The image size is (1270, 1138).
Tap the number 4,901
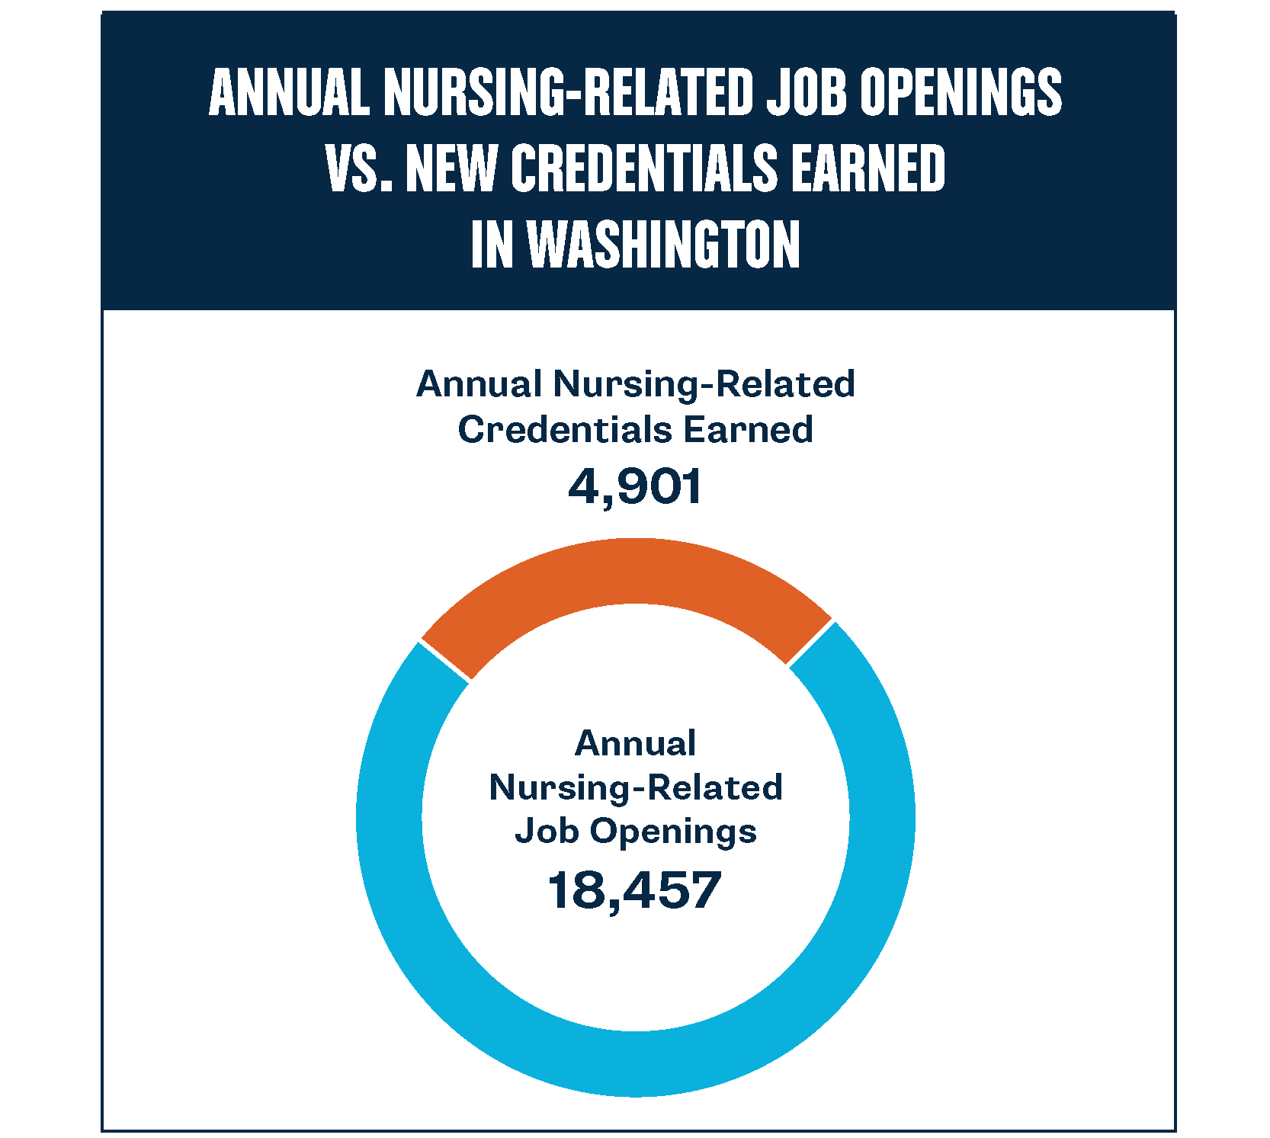[634, 487]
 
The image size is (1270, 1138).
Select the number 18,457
[634, 890]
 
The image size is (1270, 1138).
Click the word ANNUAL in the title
[289, 92]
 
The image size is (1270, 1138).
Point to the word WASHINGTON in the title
[664, 245]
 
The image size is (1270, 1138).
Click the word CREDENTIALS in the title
[644, 168]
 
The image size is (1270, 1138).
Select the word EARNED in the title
[868, 168]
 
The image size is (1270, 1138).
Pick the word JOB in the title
[807, 92]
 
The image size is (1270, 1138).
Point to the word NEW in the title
[451, 168]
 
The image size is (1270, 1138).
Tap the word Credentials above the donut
[564, 430]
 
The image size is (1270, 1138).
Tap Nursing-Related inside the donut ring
[635, 787]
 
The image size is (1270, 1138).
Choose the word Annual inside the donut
[635, 743]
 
